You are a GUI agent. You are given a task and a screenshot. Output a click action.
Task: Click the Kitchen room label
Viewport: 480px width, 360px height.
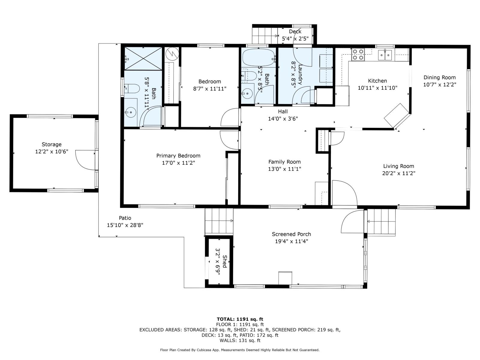377,81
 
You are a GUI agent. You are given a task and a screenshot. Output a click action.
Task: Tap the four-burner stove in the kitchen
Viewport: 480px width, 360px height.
358,54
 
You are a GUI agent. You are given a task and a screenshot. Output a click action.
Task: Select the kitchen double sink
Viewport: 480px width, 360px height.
385,54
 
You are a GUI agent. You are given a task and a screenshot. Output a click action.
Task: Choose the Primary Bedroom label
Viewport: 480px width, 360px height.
178,156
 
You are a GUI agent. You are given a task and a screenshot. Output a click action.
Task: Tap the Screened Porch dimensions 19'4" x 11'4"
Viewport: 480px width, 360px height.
291,241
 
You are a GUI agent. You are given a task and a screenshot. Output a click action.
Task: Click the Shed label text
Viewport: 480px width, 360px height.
225,261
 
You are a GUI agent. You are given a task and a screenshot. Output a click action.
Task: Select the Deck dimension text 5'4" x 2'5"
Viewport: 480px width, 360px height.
295,39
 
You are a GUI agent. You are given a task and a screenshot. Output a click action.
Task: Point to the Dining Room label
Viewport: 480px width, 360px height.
439,77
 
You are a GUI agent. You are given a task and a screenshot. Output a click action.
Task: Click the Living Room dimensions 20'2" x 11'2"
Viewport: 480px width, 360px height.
399,173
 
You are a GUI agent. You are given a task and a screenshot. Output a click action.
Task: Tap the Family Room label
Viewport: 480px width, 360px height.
284,162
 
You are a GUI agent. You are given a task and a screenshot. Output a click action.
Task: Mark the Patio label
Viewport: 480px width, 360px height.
125,218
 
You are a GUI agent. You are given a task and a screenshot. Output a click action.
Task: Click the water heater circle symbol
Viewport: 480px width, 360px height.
172,53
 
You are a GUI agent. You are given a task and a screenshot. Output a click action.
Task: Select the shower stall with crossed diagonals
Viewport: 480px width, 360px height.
143,58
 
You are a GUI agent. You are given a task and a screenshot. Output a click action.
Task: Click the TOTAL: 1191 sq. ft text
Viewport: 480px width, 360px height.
240,319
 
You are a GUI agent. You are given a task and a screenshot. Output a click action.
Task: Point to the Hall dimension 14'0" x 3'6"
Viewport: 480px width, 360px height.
283,119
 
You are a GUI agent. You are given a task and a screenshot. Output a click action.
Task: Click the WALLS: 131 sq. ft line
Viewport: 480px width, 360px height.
240,340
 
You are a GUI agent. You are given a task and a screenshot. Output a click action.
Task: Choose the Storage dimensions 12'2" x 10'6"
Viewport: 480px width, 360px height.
52,151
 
